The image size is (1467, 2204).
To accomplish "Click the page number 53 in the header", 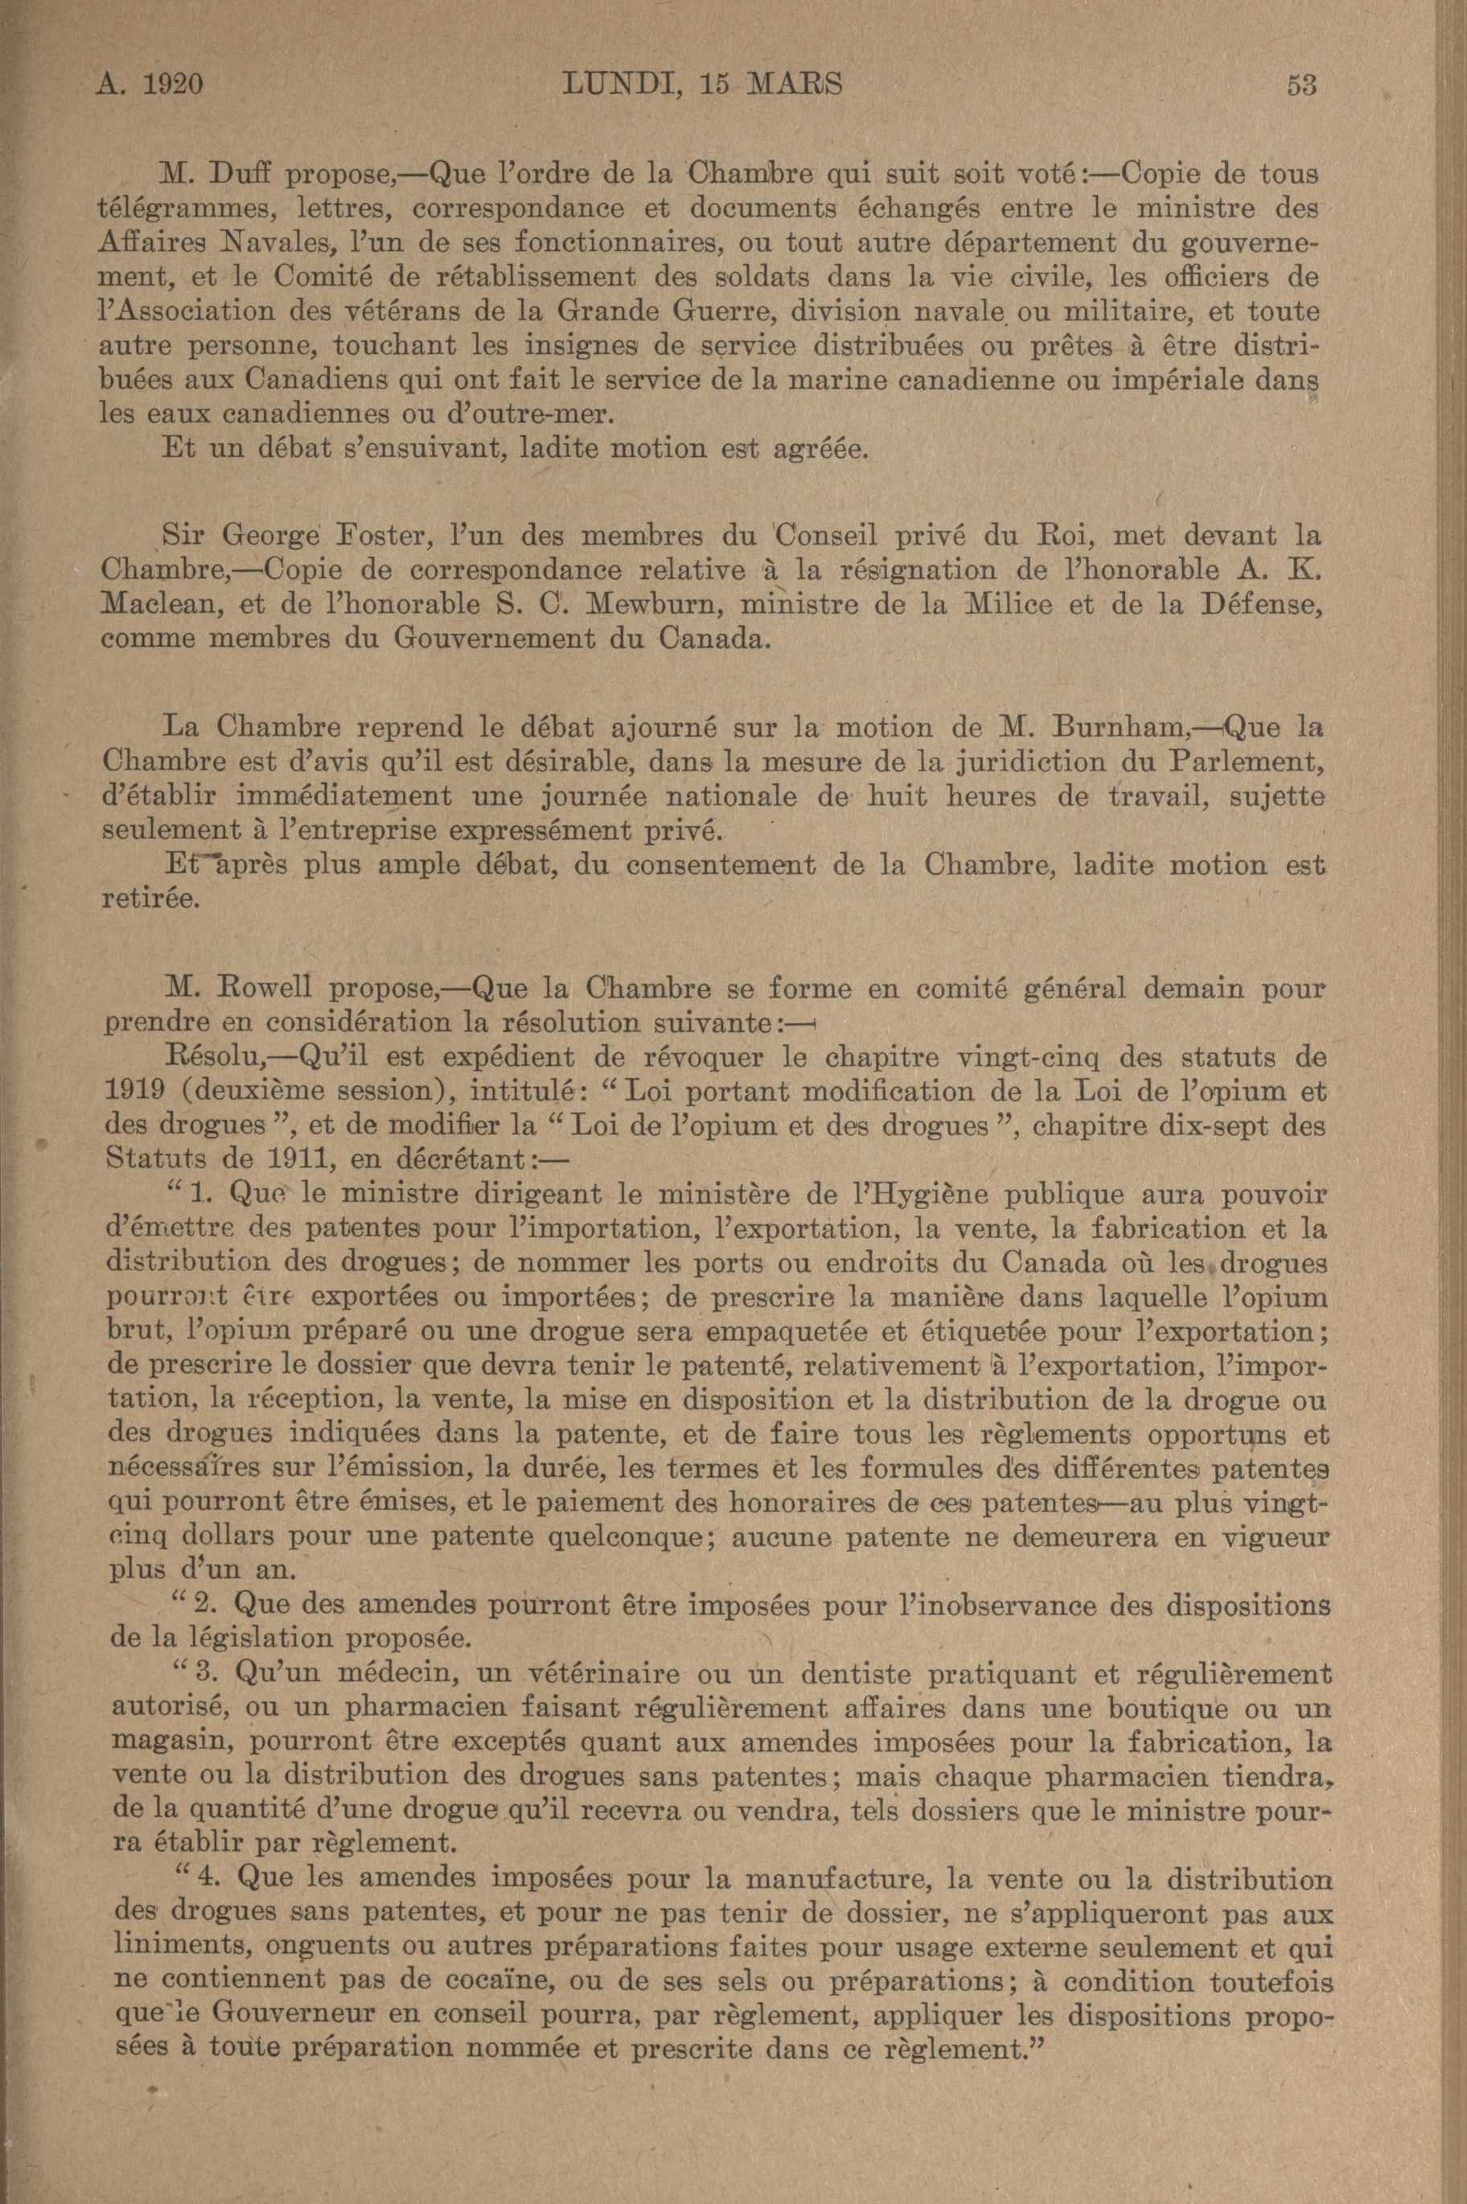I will [x=1301, y=85].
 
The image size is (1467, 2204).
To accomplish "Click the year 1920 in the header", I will [x=172, y=85].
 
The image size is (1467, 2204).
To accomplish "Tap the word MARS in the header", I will [x=795, y=85].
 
